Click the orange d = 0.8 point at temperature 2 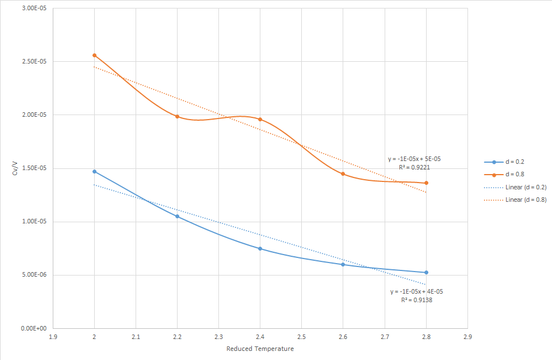click(94, 56)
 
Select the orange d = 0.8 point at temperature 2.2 click(177, 117)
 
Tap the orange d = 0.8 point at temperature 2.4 click(260, 120)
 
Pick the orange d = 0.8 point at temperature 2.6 click(343, 174)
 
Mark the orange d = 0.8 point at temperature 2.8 click(426, 183)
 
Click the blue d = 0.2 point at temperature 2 click(94, 171)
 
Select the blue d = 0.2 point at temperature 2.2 click(177, 217)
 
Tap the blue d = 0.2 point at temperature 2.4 click(260, 249)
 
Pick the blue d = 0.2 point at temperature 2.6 click(343, 265)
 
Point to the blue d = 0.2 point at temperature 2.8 click(426, 273)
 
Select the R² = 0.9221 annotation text click(413, 168)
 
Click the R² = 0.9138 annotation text click(416, 300)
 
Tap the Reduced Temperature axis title click(260, 349)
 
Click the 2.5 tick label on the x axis click(301, 336)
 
